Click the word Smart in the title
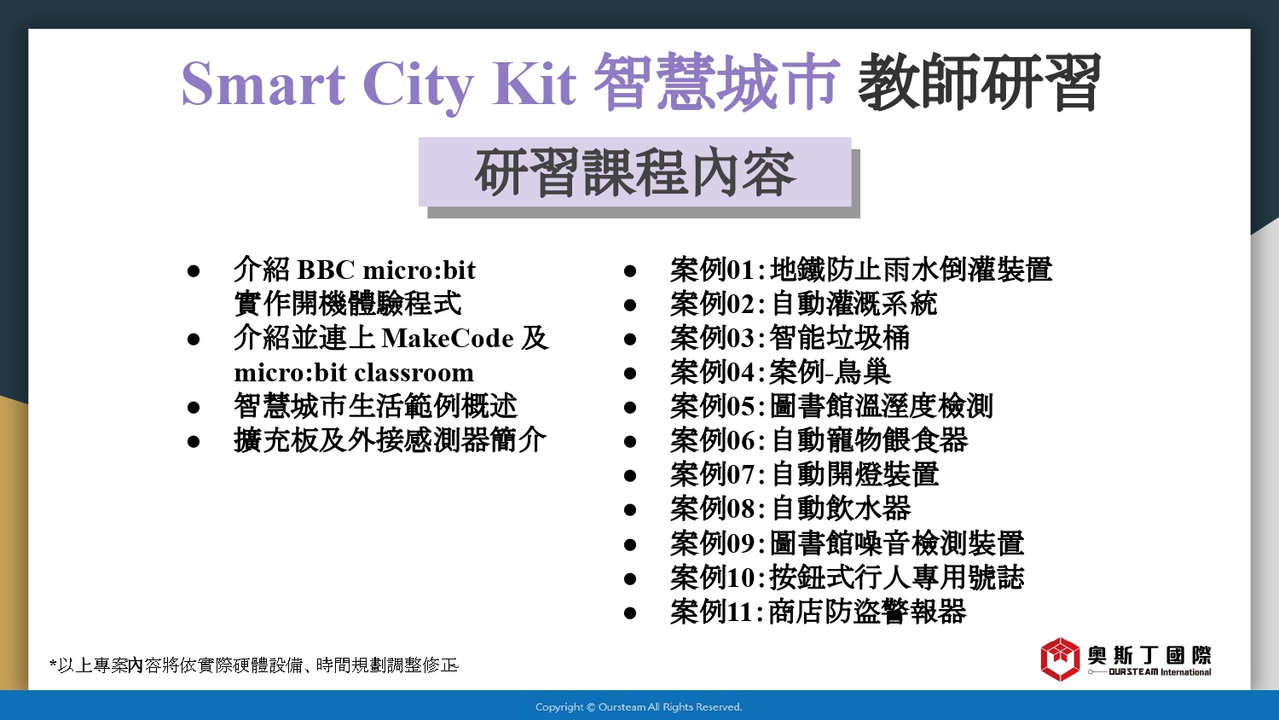coord(263,84)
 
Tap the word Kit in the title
coord(534,84)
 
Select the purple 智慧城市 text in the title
coord(716,82)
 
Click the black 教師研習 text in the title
coord(979,82)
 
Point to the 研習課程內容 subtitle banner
coord(635,172)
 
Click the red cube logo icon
coord(1061,659)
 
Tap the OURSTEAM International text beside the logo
coord(1160,672)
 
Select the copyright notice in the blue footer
coord(639,707)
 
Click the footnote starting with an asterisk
coord(254,665)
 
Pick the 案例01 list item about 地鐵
coord(861,270)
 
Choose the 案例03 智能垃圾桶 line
coord(790,338)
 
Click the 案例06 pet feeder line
coord(819,440)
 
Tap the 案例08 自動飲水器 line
coord(790,508)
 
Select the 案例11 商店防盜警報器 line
coord(819,612)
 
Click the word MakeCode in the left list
coord(448,339)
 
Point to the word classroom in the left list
coord(410,373)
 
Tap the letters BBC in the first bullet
coord(326,270)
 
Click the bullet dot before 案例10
coord(630,579)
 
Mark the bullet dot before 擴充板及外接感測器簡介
coord(194,442)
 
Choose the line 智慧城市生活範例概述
coord(375,406)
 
